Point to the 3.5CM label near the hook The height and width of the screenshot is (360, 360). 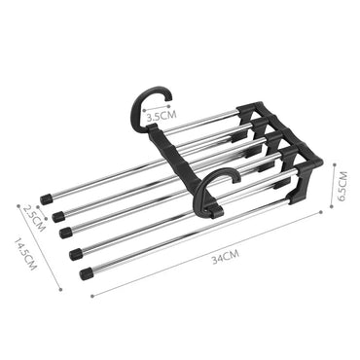[162, 115]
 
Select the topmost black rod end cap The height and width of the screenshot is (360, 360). [45, 199]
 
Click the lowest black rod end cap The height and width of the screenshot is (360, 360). [87, 273]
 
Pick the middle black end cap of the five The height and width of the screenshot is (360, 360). [65, 233]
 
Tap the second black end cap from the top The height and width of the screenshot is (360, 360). [57, 215]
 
